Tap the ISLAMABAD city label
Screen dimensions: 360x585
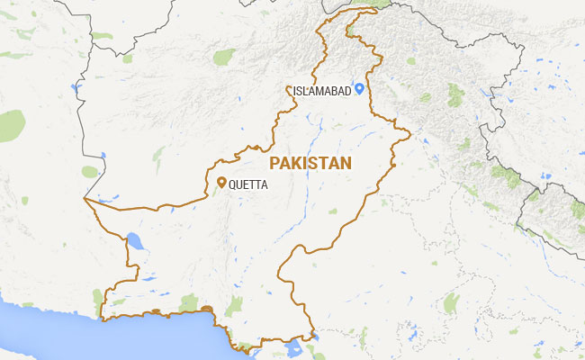pos(321,89)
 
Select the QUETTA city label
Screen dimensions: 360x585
pos(248,184)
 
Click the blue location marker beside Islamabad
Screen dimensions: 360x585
pos(358,87)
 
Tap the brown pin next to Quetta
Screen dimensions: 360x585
pos(221,183)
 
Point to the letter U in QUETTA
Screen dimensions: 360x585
pos(240,184)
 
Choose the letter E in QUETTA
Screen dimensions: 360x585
pos(247,184)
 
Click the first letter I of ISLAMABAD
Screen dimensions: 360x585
pos(294,89)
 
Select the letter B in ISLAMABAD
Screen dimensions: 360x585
pos(334,89)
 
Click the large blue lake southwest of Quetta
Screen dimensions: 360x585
pos(134,240)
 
